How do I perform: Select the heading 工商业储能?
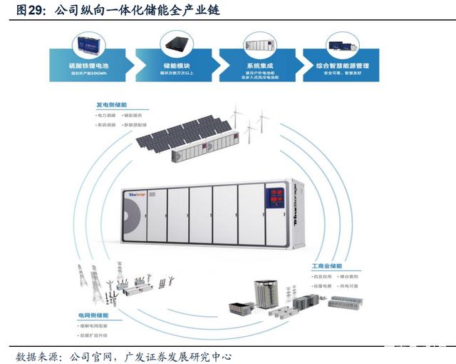[x=327, y=266]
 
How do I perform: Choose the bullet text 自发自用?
[x=323, y=275]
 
